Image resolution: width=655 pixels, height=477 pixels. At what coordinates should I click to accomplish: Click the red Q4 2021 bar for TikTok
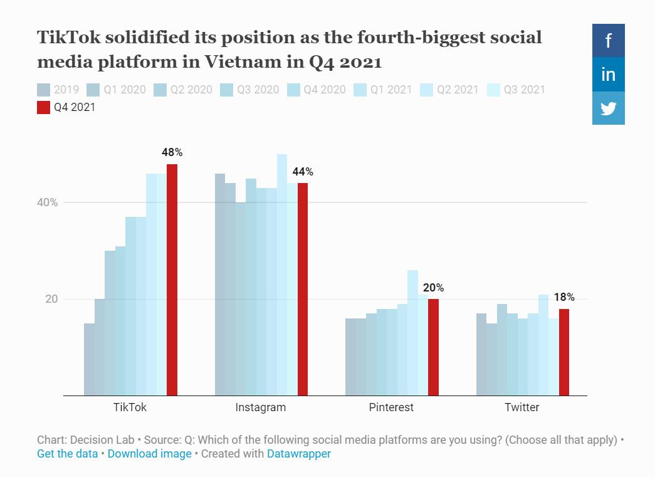point(172,280)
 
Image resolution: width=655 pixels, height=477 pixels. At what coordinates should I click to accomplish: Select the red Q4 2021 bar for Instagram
point(302,289)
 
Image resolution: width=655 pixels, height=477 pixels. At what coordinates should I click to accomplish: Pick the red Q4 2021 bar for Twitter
point(563,352)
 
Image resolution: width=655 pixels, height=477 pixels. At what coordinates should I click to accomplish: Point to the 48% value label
point(172,152)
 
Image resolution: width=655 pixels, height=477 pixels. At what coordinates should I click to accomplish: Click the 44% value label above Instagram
point(302,172)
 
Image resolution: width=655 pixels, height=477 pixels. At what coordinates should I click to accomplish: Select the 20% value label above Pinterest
point(433,288)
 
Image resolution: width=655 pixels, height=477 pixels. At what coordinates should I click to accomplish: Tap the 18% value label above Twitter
point(563,297)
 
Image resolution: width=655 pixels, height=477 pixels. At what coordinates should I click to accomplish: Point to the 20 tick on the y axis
point(51,299)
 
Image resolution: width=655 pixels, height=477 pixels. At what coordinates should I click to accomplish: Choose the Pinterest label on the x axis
point(391,407)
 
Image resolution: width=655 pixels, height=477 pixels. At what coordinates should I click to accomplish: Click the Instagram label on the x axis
point(260,407)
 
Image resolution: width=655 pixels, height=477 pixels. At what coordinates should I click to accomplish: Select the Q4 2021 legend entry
point(66,107)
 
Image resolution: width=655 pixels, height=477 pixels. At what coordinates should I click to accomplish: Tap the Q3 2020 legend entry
point(250,90)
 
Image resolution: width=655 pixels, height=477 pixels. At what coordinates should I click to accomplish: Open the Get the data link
point(67,454)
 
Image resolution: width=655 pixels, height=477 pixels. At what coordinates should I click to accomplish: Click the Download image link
point(149,454)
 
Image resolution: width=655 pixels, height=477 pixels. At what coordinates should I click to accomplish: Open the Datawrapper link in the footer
point(299,454)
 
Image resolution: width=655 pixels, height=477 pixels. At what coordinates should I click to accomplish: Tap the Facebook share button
point(608,41)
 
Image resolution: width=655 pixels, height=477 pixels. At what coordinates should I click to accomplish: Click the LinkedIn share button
point(608,75)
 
